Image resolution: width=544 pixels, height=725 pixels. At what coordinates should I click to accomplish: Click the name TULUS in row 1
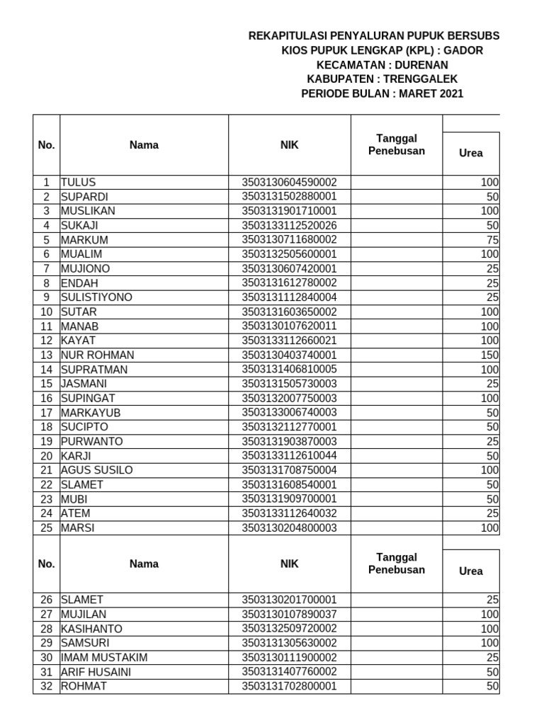point(78,182)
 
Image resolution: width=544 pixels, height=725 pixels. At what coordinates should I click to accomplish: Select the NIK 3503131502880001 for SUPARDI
point(289,196)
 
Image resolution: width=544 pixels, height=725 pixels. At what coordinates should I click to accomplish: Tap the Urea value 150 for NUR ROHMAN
point(491,355)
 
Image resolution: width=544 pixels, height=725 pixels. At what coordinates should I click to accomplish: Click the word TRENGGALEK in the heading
point(417,79)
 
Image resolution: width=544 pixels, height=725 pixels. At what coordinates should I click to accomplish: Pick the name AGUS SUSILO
point(97,470)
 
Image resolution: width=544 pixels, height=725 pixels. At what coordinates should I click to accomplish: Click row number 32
point(47,686)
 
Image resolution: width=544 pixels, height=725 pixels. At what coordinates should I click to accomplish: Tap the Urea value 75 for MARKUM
point(493,239)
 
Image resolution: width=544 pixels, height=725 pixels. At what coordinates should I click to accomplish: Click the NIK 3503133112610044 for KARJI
point(289,455)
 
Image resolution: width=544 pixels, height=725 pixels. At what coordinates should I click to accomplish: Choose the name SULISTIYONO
point(96,297)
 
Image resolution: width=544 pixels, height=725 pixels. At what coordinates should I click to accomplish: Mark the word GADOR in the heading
point(463,50)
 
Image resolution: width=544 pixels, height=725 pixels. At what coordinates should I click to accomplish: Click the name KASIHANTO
point(91,629)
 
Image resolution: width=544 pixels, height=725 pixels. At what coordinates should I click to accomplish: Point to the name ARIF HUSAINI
point(96,672)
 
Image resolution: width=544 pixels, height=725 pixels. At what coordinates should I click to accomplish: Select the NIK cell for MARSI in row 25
point(289,527)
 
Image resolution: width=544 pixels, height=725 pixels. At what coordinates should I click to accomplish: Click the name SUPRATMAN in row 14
point(93,369)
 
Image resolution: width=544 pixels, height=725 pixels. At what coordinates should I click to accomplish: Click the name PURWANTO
point(91,441)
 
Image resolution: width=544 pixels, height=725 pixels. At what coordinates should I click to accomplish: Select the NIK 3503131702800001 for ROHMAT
point(289,686)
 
